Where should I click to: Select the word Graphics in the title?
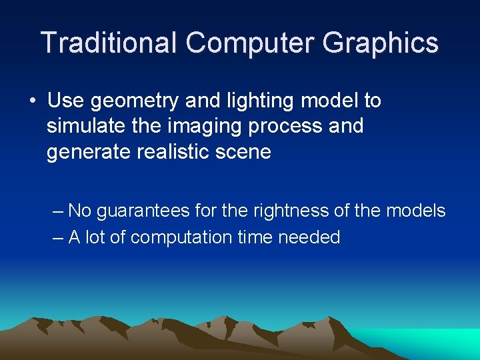(x=381, y=43)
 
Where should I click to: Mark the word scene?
(x=247, y=152)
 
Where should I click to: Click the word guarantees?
(x=144, y=211)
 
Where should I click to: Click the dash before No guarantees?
(x=58, y=211)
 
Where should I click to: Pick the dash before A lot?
(x=58, y=237)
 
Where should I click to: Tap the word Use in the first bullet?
(x=66, y=101)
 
